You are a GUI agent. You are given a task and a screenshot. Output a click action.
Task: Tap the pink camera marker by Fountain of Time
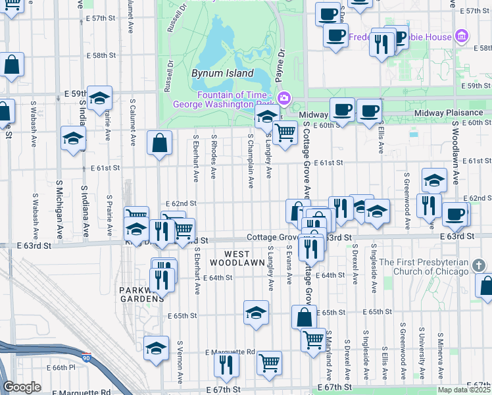click(x=284, y=99)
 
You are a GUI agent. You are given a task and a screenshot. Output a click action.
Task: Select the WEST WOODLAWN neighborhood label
click(x=230, y=257)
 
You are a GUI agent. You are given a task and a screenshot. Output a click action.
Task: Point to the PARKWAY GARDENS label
click(x=137, y=294)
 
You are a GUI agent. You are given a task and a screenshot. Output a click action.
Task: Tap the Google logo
click(x=22, y=387)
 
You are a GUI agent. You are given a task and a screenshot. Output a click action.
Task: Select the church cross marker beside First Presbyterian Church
click(x=480, y=265)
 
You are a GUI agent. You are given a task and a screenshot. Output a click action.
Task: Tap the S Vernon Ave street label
click(x=180, y=362)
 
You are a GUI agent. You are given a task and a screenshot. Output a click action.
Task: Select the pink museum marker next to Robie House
click(x=462, y=36)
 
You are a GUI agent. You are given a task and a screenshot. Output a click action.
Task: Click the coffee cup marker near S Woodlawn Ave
click(x=455, y=213)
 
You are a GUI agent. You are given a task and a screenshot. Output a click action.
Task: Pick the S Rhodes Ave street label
click(x=214, y=157)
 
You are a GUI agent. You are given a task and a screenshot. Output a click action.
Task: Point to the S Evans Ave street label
click(x=289, y=265)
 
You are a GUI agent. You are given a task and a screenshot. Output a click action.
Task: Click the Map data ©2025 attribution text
click(x=464, y=390)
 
